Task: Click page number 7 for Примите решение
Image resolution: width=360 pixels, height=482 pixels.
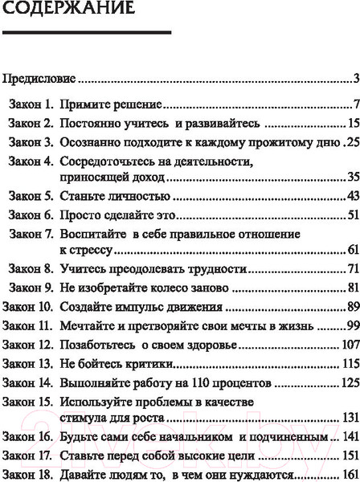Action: click(354, 104)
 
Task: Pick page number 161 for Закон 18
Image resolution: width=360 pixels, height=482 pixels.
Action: click(348, 473)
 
